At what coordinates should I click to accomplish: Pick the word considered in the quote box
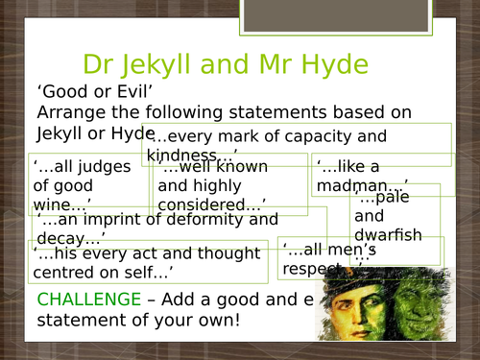[x=210, y=204]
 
